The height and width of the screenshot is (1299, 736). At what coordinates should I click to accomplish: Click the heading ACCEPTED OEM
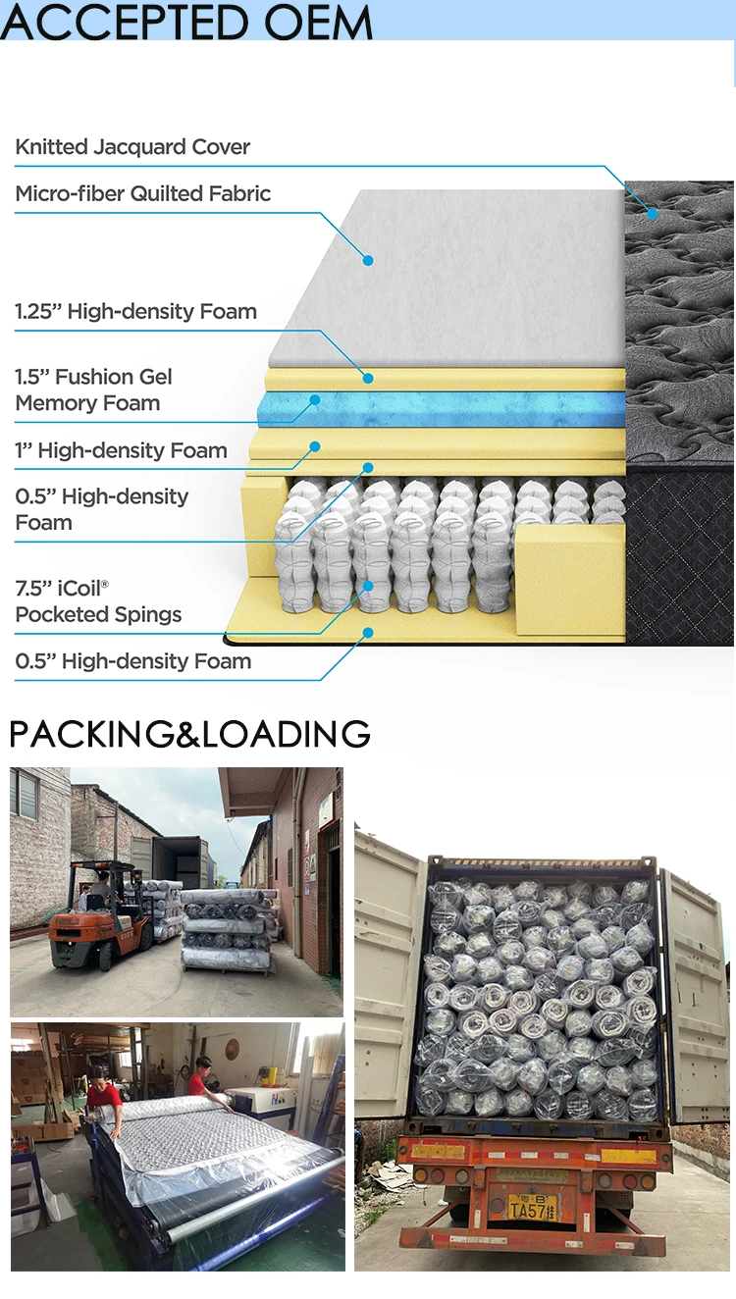pyautogui.click(x=186, y=22)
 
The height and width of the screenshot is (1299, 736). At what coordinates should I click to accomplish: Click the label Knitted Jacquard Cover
pyautogui.click(x=132, y=147)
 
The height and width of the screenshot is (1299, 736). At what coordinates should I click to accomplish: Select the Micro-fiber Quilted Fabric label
pyautogui.click(x=143, y=193)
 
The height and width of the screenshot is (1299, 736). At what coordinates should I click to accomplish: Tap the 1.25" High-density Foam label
pyautogui.click(x=135, y=312)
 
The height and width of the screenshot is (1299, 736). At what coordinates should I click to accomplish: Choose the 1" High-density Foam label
pyautogui.click(x=121, y=450)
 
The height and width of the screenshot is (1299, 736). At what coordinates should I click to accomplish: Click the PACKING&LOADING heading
pyautogui.click(x=189, y=734)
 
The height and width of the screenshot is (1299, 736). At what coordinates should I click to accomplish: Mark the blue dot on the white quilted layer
pyautogui.click(x=368, y=260)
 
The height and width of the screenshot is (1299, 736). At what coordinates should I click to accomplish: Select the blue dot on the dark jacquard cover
pyautogui.click(x=653, y=211)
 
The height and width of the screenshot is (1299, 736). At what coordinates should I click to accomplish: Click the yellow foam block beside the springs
pyautogui.click(x=569, y=579)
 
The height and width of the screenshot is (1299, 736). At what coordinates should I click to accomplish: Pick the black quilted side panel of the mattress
pyautogui.click(x=679, y=554)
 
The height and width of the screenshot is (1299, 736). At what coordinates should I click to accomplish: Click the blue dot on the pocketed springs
pyautogui.click(x=368, y=586)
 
